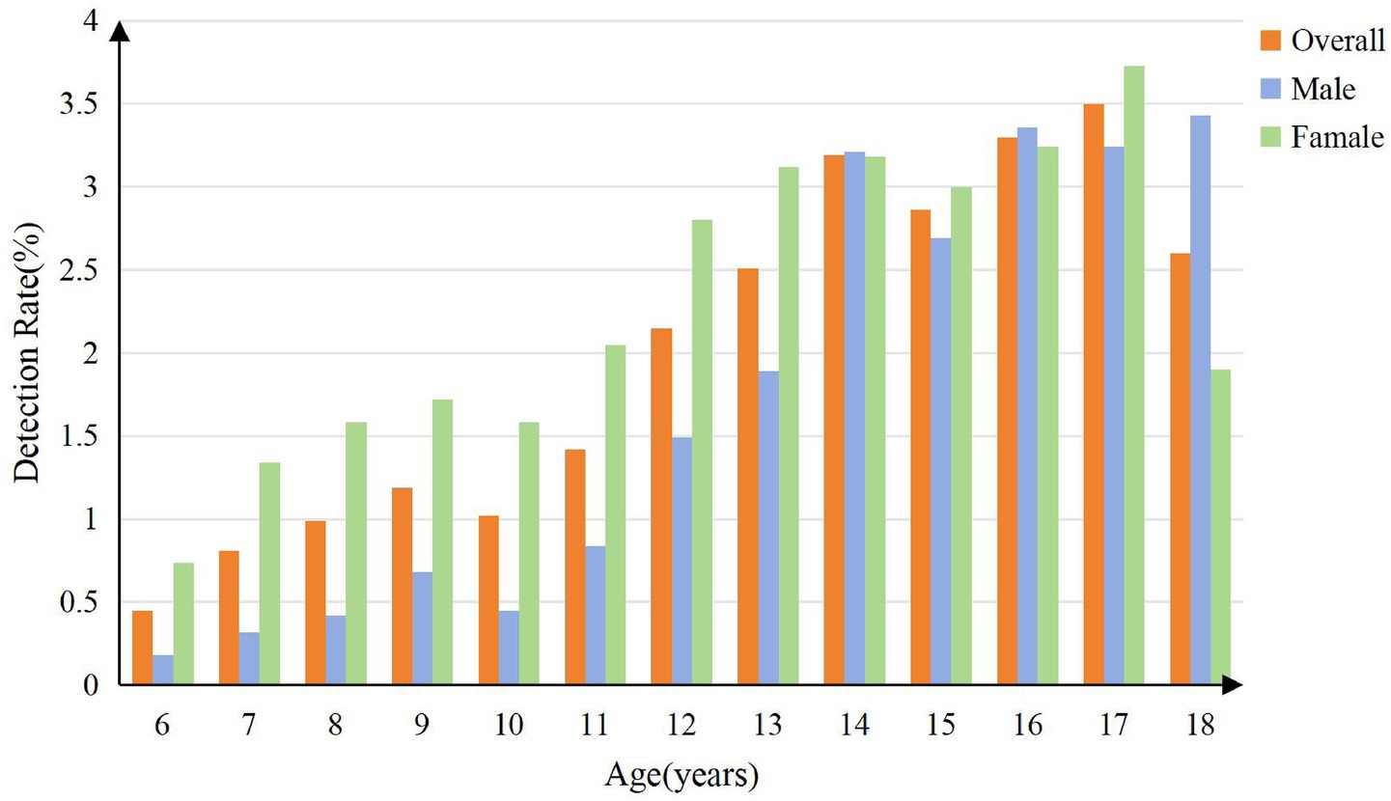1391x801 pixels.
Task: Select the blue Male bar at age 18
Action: click(x=1200, y=400)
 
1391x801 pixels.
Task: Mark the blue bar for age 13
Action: click(x=767, y=528)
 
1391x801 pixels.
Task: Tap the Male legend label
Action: click(x=1322, y=90)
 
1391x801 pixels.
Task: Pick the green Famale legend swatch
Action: click(x=1271, y=138)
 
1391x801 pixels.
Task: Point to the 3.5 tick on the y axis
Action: click(x=80, y=103)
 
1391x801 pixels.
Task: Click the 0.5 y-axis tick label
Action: click(x=80, y=602)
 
